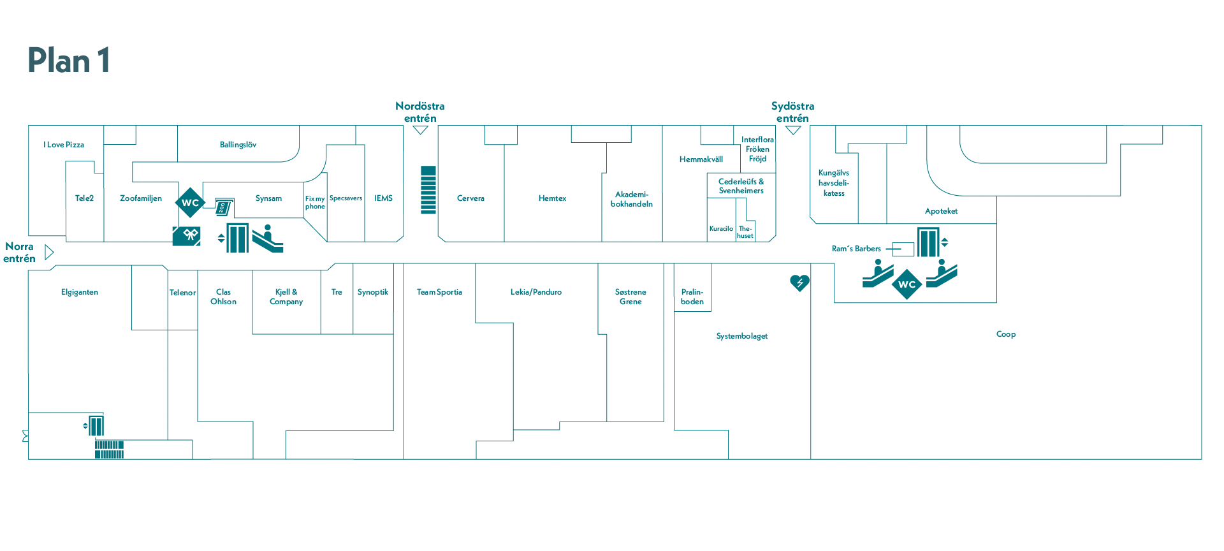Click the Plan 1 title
pyautogui.click(x=69, y=61)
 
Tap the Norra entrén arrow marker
pyautogui.click(x=49, y=253)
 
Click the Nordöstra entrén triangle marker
pyautogui.click(x=420, y=130)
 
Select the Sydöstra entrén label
pyautogui.click(x=792, y=112)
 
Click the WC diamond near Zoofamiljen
pyautogui.click(x=190, y=203)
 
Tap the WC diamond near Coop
pyautogui.click(x=907, y=284)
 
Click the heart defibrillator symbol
pyautogui.click(x=799, y=282)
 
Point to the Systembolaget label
pyautogui.click(x=741, y=336)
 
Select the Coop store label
pyautogui.click(x=1005, y=334)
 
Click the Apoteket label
pyautogui.click(x=941, y=211)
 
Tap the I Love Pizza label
pyautogui.click(x=64, y=145)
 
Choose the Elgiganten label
pyautogui.click(x=80, y=292)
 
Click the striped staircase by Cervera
pyautogui.click(x=428, y=189)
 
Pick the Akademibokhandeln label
pyautogui.click(x=631, y=199)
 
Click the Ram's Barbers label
pyautogui.click(x=856, y=249)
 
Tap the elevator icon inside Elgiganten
pyautogui.click(x=96, y=425)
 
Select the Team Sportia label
pyautogui.click(x=439, y=292)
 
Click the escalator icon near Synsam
pyautogui.click(x=268, y=239)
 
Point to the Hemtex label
pyautogui.click(x=552, y=198)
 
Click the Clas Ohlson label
pyautogui.click(x=223, y=297)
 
